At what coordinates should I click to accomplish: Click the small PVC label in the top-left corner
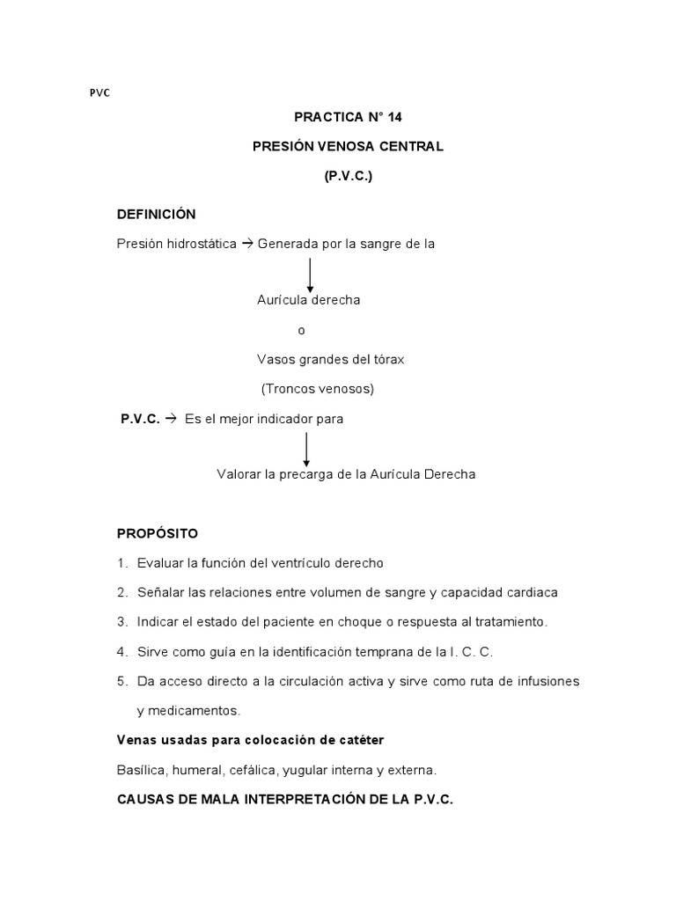pos(100,93)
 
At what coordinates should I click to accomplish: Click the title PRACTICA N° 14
pos(348,116)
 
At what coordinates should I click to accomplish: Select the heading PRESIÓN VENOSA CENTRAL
pos(348,146)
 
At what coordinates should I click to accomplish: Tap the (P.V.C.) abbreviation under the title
pos(348,176)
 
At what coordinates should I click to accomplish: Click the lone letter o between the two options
pos(302,330)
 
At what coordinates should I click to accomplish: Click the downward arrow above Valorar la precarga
pos(306,449)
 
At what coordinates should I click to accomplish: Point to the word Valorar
pos(239,474)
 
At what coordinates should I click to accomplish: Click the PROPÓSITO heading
pos(158,533)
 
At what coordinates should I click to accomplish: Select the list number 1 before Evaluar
pos(121,563)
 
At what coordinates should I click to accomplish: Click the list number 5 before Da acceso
pos(121,681)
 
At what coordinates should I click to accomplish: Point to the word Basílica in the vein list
pos(143,770)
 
